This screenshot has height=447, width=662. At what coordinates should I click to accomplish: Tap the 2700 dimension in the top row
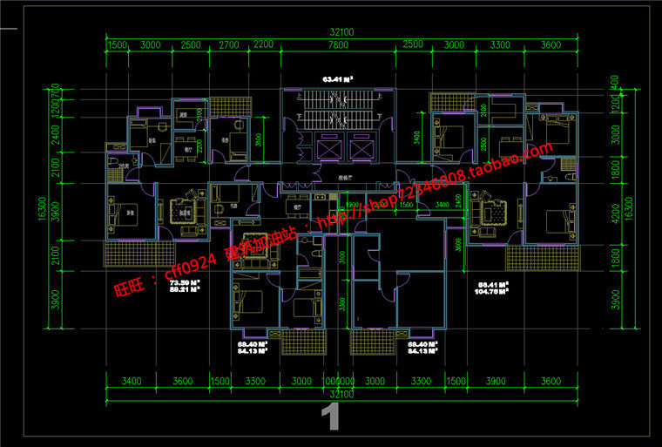tap(228, 45)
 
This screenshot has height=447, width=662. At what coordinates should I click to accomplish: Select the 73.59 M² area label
tap(185, 283)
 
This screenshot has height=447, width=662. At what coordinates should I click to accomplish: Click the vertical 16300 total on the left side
tap(42, 208)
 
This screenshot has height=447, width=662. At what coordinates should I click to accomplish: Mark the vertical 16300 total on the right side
tap(629, 208)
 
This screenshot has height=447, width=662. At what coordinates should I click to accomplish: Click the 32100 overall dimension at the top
tap(341, 32)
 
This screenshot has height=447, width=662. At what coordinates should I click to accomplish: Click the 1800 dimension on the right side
tap(615, 171)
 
